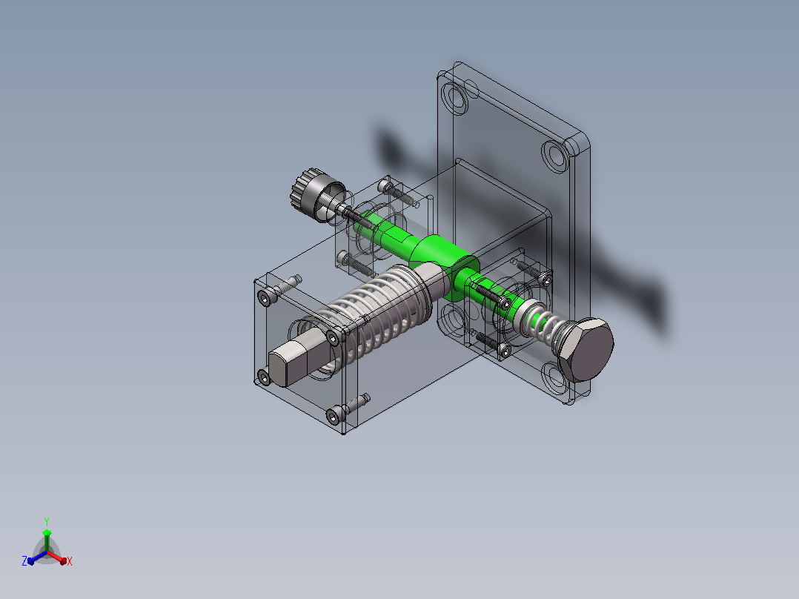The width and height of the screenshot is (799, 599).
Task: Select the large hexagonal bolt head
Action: coord(586,350)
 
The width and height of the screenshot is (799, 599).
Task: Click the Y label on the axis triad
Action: coord(47,522)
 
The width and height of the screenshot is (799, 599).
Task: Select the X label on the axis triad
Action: coord(70,561)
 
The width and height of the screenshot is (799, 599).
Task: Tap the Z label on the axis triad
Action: coord(24,561)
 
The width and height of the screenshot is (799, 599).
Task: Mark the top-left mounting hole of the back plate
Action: coord(454,98)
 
